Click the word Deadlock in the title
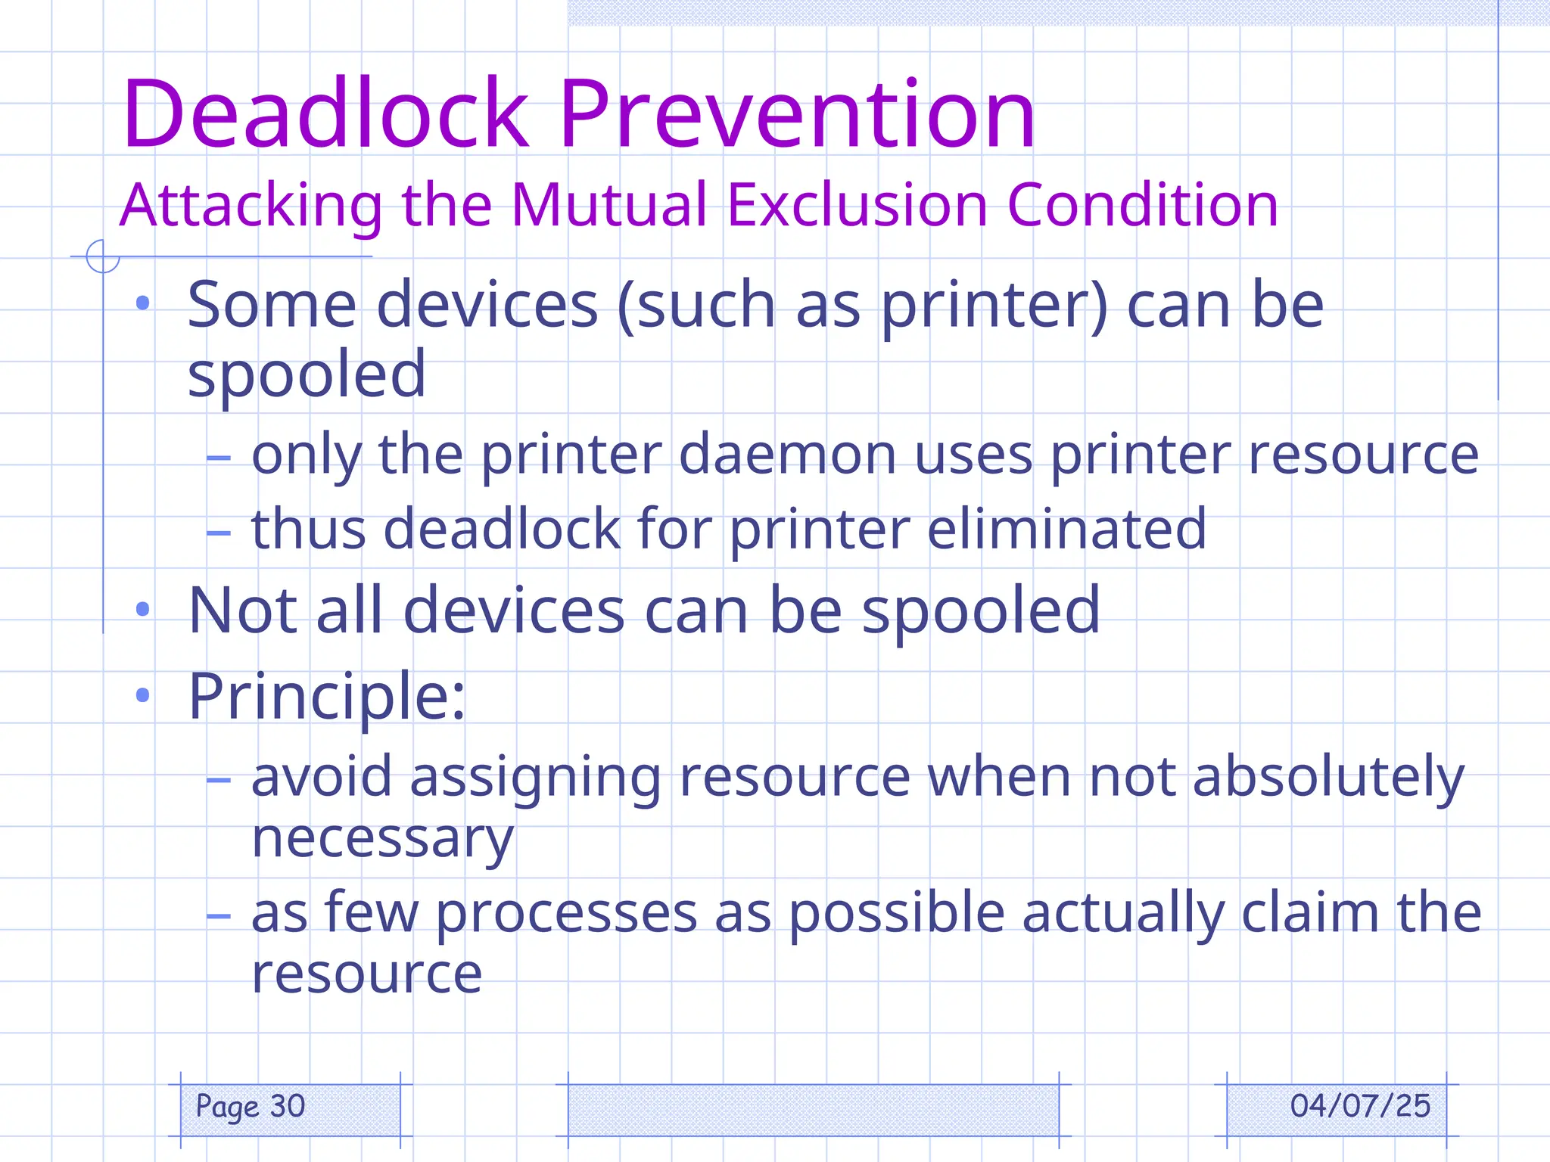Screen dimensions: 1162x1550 tap(325, 115)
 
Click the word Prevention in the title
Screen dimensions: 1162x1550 tap(797, 115)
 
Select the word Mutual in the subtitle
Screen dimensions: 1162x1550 tap(609, 206)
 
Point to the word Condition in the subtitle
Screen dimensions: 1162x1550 tap(1142, 206)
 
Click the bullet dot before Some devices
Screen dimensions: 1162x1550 tap(142, 304)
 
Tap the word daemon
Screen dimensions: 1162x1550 tap(787, 455)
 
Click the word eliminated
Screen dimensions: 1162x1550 tap(1066, 530)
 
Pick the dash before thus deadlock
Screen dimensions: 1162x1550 tap(219, 533)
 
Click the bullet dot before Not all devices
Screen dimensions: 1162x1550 tap(142, 610)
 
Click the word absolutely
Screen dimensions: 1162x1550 tap(1328, 778)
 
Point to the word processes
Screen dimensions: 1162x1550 tap(566, 914)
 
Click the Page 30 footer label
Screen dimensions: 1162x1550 tap(251, 1107)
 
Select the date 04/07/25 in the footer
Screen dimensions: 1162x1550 tap(1360, 1107)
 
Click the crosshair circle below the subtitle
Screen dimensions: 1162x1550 tap(103, 256)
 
